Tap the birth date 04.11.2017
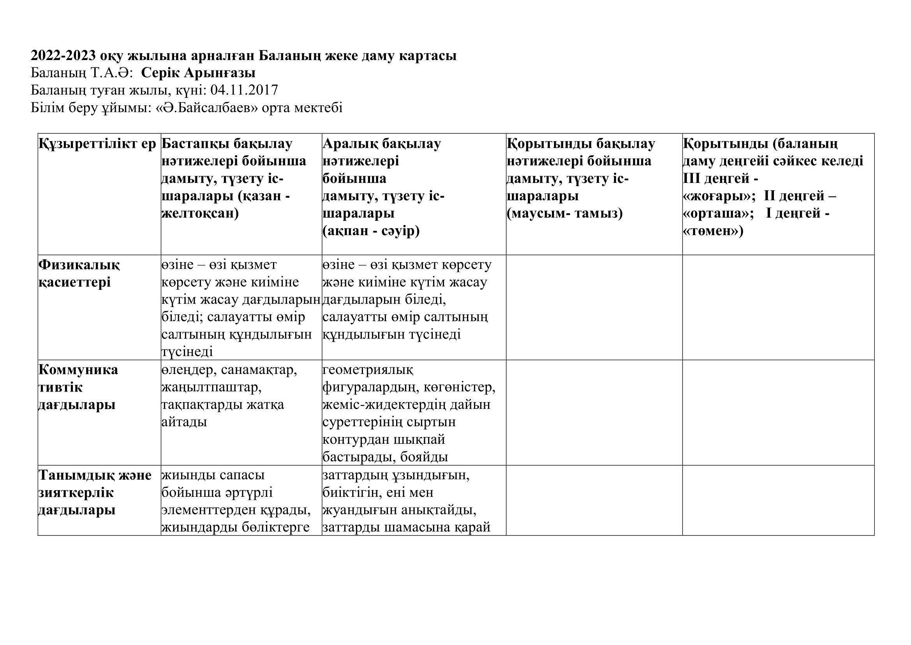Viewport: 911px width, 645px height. coord(244,90)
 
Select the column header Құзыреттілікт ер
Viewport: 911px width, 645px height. coord(98,144)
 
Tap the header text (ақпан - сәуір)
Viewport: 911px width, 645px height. coord(371,231)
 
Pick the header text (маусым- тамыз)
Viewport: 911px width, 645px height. coord(565,214)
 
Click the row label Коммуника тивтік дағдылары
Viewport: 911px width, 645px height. coord(78,387)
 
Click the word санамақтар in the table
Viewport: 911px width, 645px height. coord(259,370)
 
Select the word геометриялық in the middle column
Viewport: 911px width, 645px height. coord(368,370)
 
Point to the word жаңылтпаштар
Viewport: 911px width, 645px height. coord(211,387)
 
